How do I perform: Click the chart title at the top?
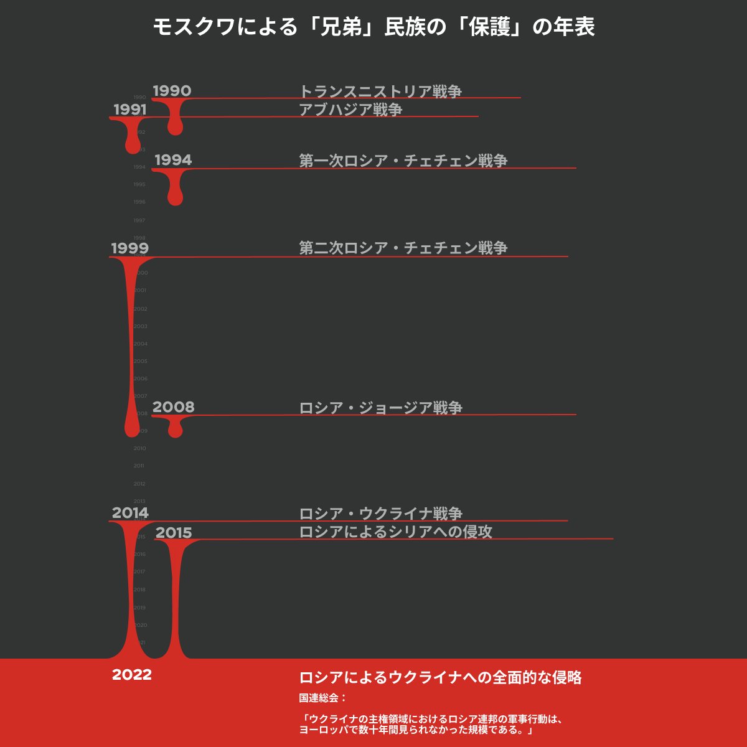tap(374, 27)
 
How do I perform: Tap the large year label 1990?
tap(172, 91)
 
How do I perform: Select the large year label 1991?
tap(129, 110)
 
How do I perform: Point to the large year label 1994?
tap(173, 160)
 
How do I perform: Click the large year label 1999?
tap(129, 248)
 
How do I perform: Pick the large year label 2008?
tap(173, 407)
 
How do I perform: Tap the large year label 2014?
tap(130, 513)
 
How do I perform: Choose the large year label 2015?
tap(174, 533)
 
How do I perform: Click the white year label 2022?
tap(132, 675)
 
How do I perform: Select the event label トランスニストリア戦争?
tap(380, 92)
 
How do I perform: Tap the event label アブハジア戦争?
tap(350, 110)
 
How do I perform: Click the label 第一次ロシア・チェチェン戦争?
tap(403, 161)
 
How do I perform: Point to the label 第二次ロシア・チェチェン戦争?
tap(403, 248)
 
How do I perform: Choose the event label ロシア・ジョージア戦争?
tap(381, 408)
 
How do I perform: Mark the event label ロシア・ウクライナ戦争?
tap(381, 514)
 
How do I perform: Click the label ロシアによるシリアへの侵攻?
tap(396, 532)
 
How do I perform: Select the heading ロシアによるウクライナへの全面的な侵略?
tap(441, 678)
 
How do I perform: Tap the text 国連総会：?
tap(322, 698)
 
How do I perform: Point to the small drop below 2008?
tap(176, 429)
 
